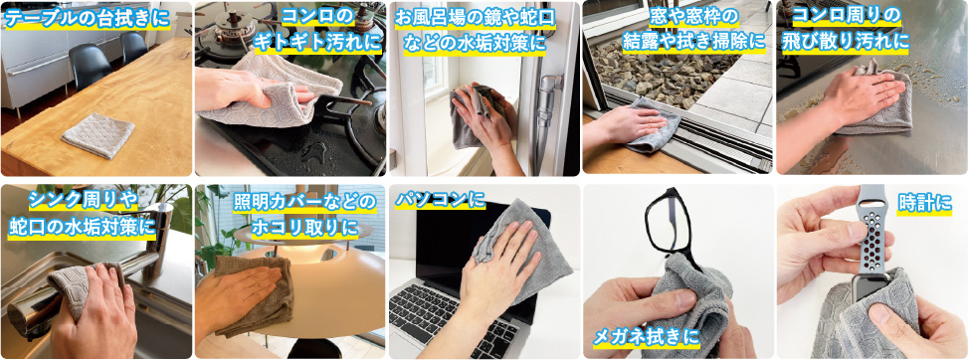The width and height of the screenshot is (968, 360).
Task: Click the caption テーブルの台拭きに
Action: click(x=87, y=19)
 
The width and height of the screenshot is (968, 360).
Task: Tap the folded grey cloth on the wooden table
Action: click(x=97, y=134)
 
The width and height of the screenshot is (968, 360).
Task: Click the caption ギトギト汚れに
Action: click(x=319, y=43)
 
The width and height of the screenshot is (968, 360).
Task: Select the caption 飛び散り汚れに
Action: click(x=846, y=43)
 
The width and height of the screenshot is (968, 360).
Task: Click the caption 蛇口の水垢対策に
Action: click(x=82, y=227)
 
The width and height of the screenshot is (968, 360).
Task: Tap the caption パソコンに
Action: click(x=440, y=199)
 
